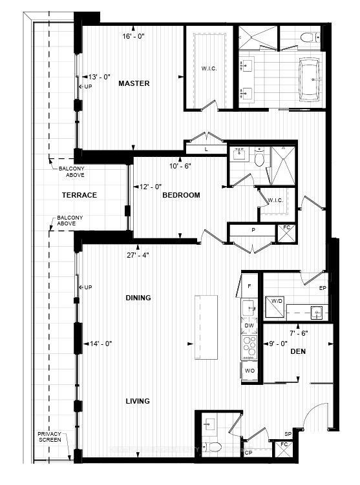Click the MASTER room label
(x=134, y=83)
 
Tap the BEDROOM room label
(x=181, y=195)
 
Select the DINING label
(x=138, y=298)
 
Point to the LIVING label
(x=138, y=401)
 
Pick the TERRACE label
(x=79, y=195)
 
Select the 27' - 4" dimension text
(x=138, y=255)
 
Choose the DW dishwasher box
(x=249, y=326)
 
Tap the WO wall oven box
(x=249, y=371)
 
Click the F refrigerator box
(x=249, y=285)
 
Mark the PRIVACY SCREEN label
(x=49, y=437)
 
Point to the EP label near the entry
(x=323, y=289)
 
